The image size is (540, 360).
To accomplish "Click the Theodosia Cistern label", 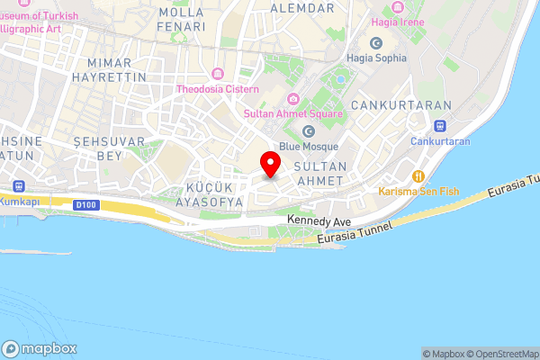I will (218, 89).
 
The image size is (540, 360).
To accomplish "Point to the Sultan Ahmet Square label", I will (293, 114).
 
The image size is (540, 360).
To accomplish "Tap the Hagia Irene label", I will (398, 21).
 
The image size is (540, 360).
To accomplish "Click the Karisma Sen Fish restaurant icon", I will (418, 176).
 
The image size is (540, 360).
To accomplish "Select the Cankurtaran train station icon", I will (440, 127).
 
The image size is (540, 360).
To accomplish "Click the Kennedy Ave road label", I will (318, 220).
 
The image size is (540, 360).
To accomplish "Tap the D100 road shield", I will (86, 206).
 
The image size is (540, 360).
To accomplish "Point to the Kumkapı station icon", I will (17, 186).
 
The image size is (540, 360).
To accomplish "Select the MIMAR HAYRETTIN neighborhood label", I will (117, 71).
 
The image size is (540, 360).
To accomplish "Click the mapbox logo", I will (40, 348).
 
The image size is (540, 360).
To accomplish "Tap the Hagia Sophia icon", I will (376, 42).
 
